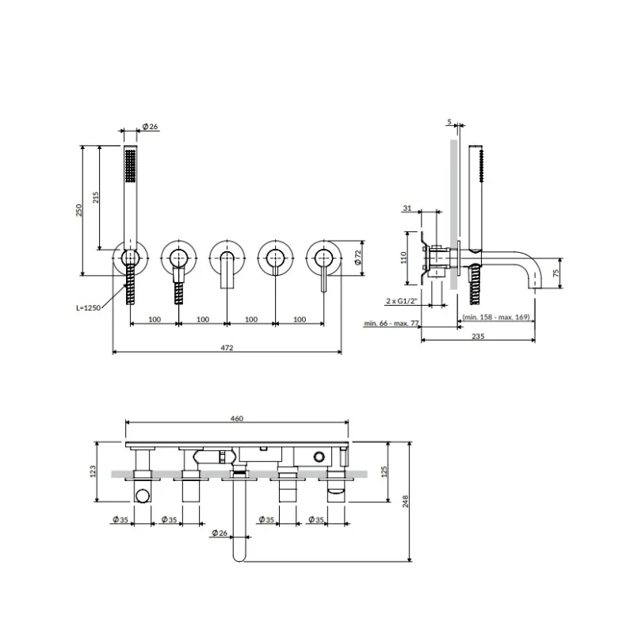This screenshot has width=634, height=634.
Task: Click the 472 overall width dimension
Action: pos(227,346)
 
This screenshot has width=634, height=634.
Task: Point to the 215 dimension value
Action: pos(96,198)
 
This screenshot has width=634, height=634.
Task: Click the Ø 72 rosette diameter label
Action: pos(357,256)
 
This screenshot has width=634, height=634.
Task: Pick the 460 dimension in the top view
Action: pos(236,418)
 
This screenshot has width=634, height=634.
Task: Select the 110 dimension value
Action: pos(403,258)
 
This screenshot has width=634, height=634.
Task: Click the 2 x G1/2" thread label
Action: pos(403,302)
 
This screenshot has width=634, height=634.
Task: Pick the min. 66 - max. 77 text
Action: pos(392,324)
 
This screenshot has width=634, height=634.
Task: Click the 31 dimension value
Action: pos(407,208)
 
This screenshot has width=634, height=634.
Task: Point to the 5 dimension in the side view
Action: pos(449,122)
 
